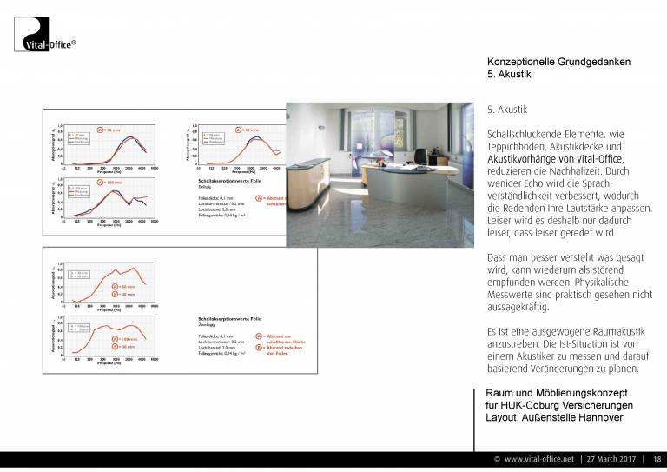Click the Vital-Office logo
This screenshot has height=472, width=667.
pyautogui.click(x=46, y=34)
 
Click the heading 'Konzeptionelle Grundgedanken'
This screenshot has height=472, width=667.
pyautogui.click(x=558, y=62)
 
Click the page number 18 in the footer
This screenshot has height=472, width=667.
pyautogui.click(x=657, y=459)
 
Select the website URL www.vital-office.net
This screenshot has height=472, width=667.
pyautogui.click(x=539, y=459)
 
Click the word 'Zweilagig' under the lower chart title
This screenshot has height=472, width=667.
pyautogui.click(x=201, y=326)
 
